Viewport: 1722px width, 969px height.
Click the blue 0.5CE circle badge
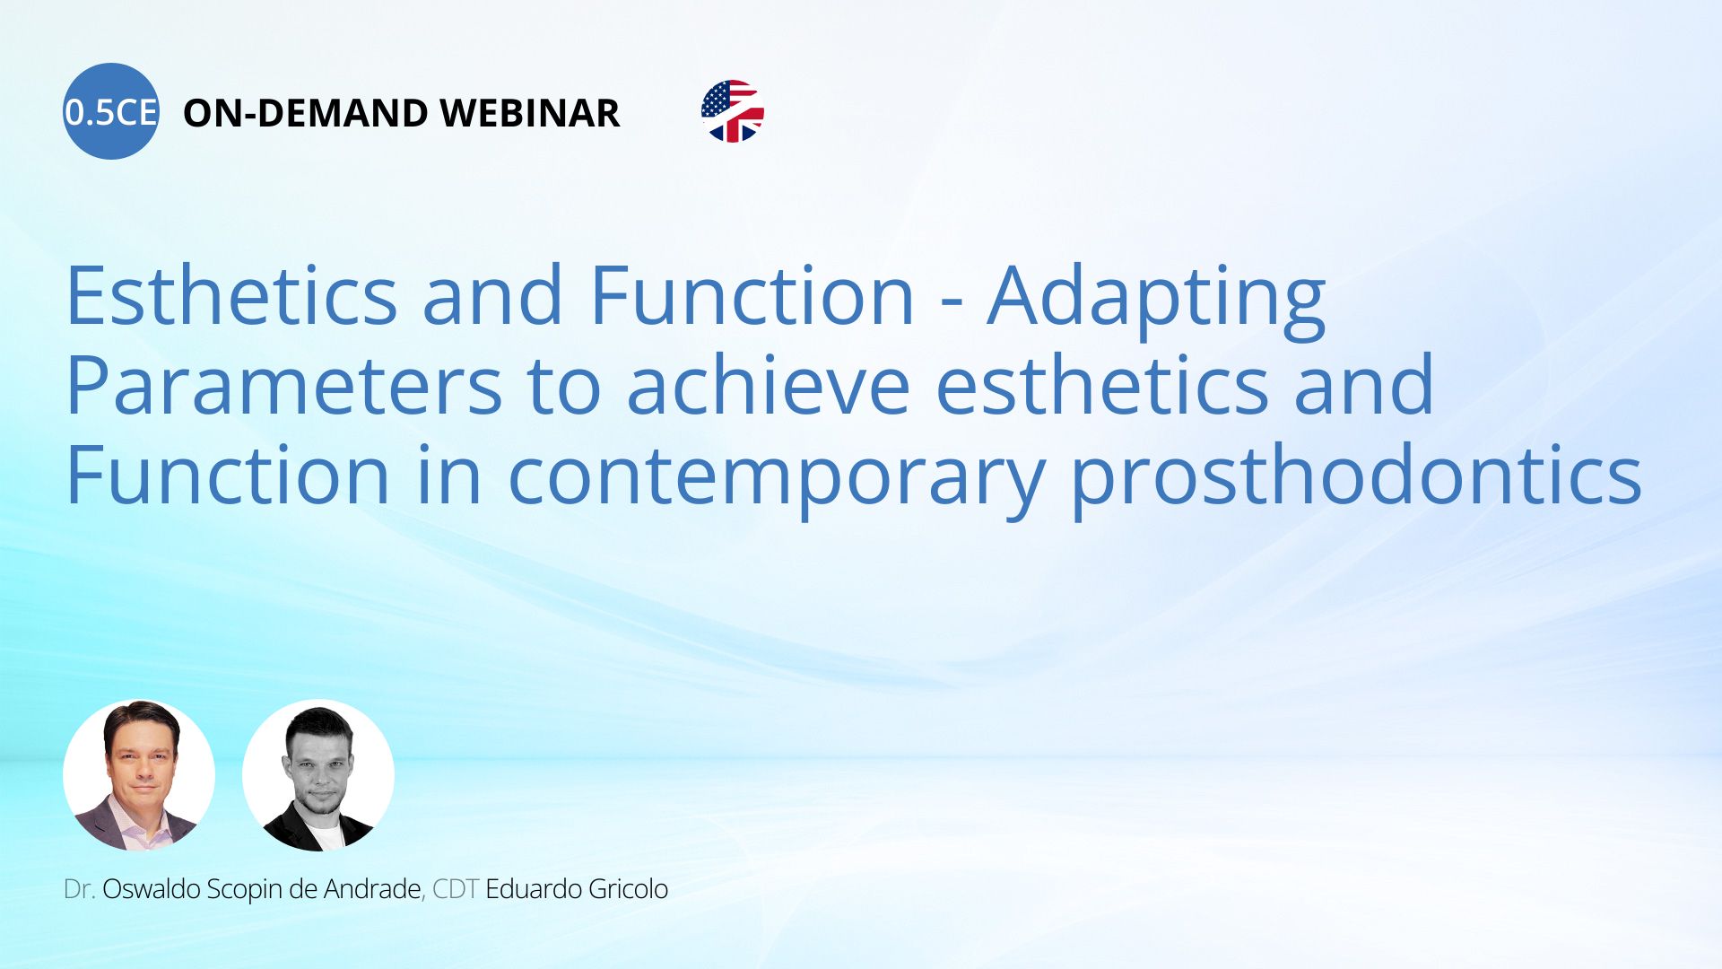(111, 111)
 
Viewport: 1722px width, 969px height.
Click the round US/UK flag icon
(733, 111)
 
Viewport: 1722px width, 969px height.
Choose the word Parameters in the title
(283, 385)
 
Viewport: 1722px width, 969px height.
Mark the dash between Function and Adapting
(952, 303)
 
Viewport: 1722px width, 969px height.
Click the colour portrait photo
(139, 775)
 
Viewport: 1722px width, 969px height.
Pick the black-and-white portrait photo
(318, 775)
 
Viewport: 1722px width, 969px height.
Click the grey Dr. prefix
(79, 889)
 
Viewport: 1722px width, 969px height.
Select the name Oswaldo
(151, 889)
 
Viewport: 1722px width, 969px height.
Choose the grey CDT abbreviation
(456, 889)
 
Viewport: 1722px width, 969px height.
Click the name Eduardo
(533, 889)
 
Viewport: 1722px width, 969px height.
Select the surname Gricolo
(627, 889)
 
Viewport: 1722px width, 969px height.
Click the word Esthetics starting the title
(232, 295)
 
